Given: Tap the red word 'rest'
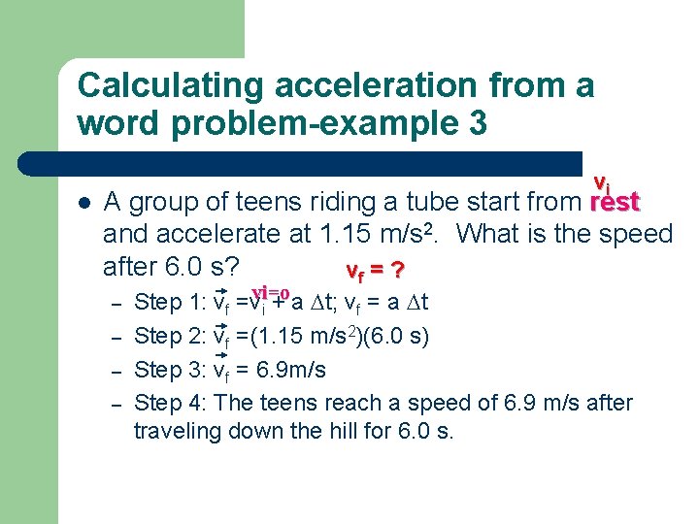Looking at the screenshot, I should (615, 202).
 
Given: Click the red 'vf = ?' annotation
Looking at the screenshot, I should (375, 268).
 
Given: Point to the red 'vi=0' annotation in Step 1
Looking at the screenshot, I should (269, 293).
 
